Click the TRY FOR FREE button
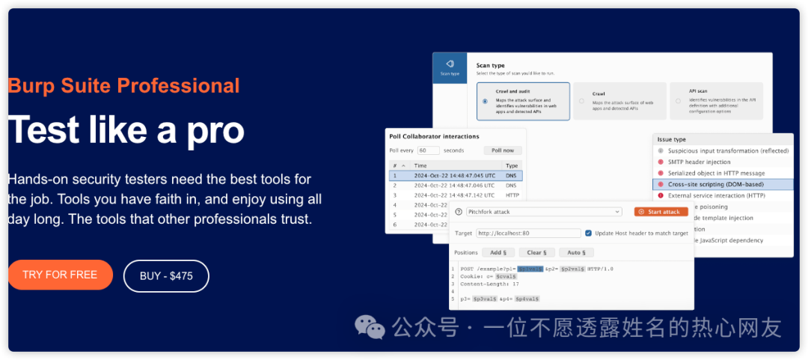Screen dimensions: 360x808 coord(60,275)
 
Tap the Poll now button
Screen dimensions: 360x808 coord(502,150)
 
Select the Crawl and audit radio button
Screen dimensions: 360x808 coord(485,101)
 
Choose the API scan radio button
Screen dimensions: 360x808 coord(677,101)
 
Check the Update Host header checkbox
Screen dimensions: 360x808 coord(589,233)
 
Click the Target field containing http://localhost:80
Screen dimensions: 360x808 coord(527,234)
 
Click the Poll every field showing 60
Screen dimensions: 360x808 coord(428,150)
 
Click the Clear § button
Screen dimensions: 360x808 coord(536,252)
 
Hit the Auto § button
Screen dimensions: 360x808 coord(575,252)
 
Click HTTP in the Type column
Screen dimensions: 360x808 coord(512,194)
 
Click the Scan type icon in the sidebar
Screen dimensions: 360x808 coord(450,67)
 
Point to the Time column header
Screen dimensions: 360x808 coord(421,165)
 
